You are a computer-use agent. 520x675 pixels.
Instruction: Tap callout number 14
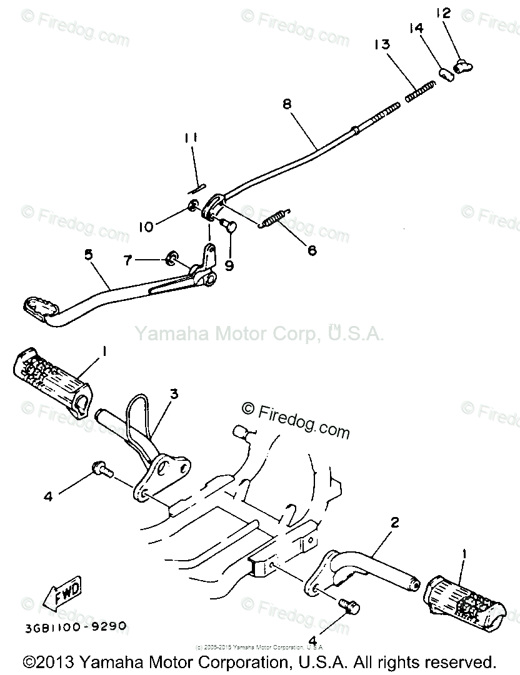tap(417, 29)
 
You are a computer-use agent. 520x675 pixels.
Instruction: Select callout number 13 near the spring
tap(382, 45)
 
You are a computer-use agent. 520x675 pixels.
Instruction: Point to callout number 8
tap(287, 106)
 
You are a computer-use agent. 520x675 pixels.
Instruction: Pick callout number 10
tap(145, 227)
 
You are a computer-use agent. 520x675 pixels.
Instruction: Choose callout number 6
tap(310, 250)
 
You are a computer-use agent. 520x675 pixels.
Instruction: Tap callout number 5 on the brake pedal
tap(87, 255)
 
